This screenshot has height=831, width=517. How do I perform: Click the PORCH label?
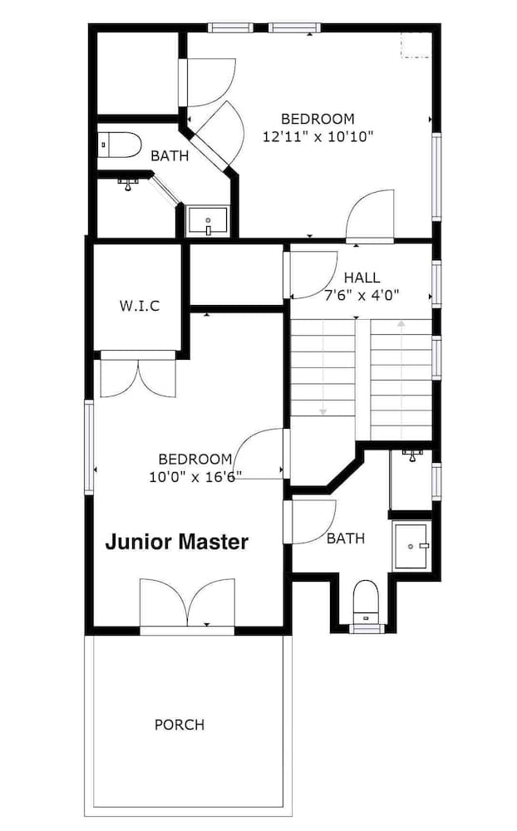pyautogui.click(x=180, y=725)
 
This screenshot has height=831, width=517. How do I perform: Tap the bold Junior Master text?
pyautogui.click(x=176, y=542)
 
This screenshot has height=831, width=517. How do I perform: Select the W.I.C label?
pyautogui.click(x=140, y=306)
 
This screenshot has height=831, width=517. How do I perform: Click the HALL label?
pyautogui.click(x=362, y=278)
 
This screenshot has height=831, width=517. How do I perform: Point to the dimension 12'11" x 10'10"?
pyautogui.click(x=318, y=137)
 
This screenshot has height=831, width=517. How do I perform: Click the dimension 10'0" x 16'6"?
pyautogui.click(x=195, y=477)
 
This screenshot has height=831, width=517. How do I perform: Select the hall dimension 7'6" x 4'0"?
pyautogui.click(x=362, y=295)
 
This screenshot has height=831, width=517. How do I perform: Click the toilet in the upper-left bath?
pyautogui.click(x=121, y=145)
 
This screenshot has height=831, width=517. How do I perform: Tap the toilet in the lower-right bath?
pyautogui.click(x=366, y=602)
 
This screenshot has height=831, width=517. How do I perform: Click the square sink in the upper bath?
pyautogui.click(x=207, y=221)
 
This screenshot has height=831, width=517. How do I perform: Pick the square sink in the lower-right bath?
pyautogui.click(x=411, y=547)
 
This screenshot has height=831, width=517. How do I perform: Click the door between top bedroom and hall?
pyautogui.click(x=370, y=215)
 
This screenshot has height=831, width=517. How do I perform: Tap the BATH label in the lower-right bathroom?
pyautogui.click(x=346, y=538)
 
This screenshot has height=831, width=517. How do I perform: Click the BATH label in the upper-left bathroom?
pyautogui.click(x=170, y=156)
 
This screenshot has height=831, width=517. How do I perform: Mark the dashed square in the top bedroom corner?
pyautogui.click(x=416, y=45)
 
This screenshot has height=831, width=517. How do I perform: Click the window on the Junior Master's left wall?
pyautogui.click(x=89, y=447)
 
